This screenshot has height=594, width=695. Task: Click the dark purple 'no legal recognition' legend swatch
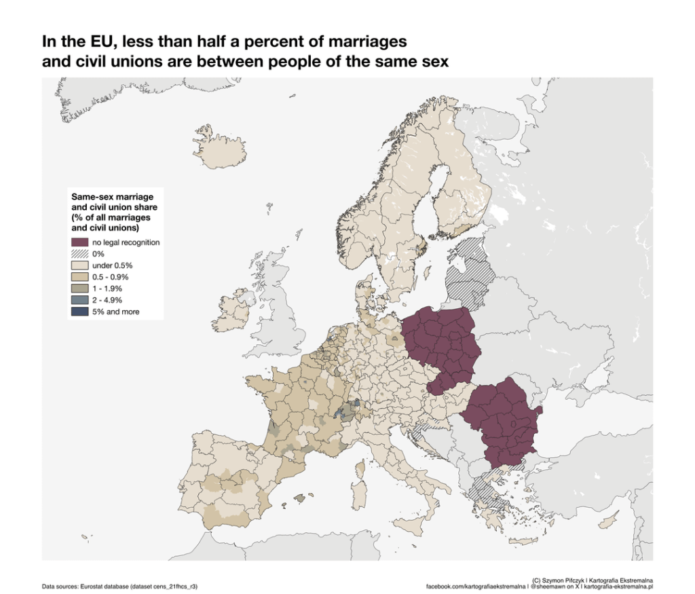(80, 242)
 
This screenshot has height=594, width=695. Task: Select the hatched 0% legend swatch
(80, 254)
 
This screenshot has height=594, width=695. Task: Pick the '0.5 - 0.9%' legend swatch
(80, 277)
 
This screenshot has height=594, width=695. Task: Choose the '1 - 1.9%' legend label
(107, 289)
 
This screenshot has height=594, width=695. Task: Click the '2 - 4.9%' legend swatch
(80, 300)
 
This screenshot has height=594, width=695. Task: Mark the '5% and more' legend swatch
(80, 312)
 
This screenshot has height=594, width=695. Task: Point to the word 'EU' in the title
(96, 42)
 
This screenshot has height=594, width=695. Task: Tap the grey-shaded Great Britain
(278, 319)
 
